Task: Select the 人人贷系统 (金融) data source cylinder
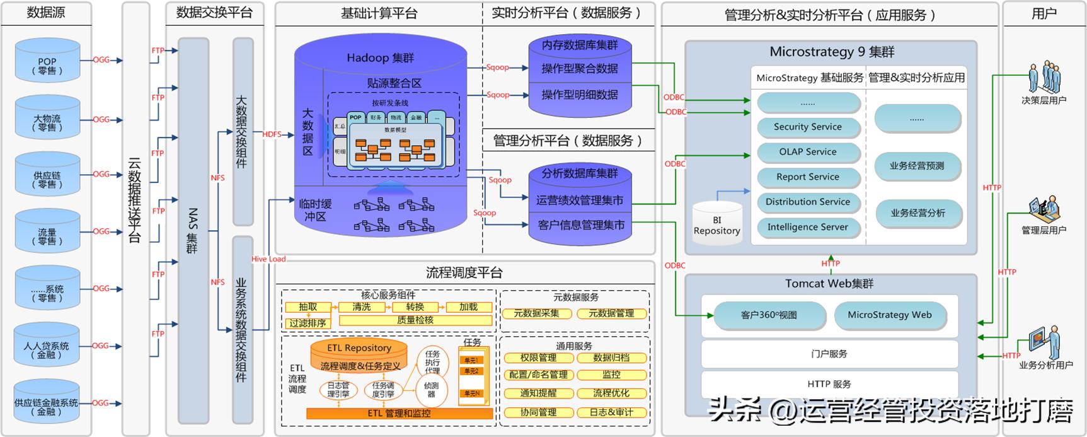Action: point(47,347)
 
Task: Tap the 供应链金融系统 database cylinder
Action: point(47,404)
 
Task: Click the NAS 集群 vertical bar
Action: point(193,230)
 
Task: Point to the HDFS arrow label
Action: point(272,134)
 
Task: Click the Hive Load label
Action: point(268,259)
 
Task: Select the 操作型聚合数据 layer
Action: point(579,69)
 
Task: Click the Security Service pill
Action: point(808,127)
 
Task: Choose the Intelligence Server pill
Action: point(808,227)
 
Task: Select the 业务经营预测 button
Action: point(917,166)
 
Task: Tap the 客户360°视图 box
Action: point(769,315)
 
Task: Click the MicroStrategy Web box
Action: point(889,315)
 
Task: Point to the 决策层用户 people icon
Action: point(1044,78)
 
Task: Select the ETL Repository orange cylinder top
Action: point(359,348)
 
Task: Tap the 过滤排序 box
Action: point(308,323)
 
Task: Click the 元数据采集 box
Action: point(537,313)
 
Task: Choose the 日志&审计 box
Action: point(611,412)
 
